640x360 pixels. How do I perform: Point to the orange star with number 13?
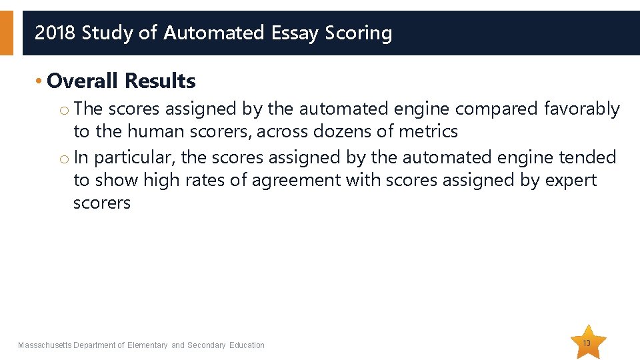click(x=587, y=343)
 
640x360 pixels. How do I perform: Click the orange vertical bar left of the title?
click(x=6, y=33)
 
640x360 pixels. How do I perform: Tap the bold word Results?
click(x=160, y=81)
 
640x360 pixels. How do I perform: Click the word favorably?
click(x=582, y=109)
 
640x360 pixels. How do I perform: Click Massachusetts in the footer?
click(x=45, y=345)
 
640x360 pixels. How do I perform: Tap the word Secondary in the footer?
click(x=207, y=345)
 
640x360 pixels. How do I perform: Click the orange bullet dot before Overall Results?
click(x=40, y=82)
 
